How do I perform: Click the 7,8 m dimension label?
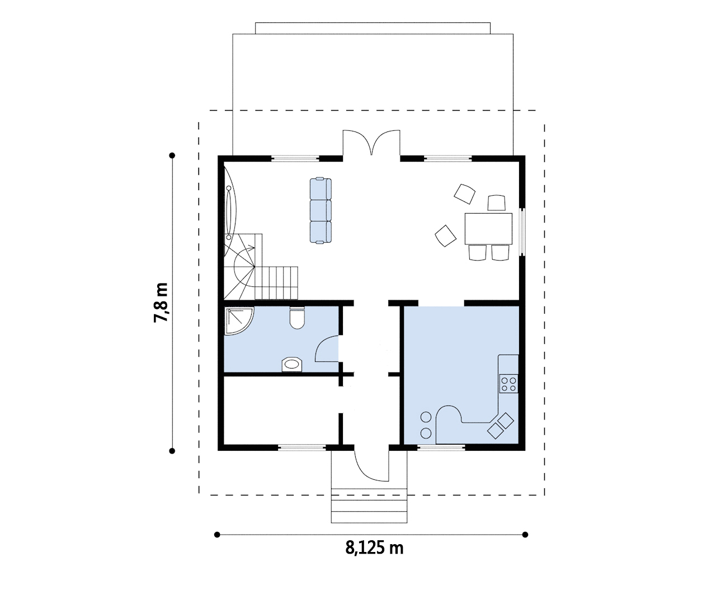pos(161,303)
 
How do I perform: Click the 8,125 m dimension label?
pos(374,548)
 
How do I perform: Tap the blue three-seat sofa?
pos(321,210)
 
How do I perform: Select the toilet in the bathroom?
pos(297,318)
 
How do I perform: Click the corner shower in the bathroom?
pos(239,320)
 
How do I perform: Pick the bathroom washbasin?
pos(292,365)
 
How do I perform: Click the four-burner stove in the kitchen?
pos(508,384)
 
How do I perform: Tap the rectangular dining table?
pos(488,229)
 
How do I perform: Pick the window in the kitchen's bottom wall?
pos(441,447)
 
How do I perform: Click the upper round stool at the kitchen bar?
pos(426,417)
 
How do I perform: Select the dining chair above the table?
pos(496,202)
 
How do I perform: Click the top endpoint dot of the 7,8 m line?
pos(172,155)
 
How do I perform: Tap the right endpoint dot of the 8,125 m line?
pos(525,535)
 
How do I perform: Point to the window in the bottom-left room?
pos(302,447)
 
